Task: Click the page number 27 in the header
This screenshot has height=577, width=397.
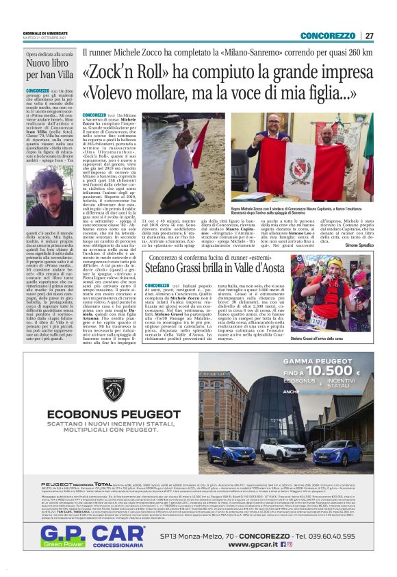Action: (x=369, y=36)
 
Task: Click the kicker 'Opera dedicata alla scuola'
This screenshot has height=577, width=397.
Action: (x=49, y=53)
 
